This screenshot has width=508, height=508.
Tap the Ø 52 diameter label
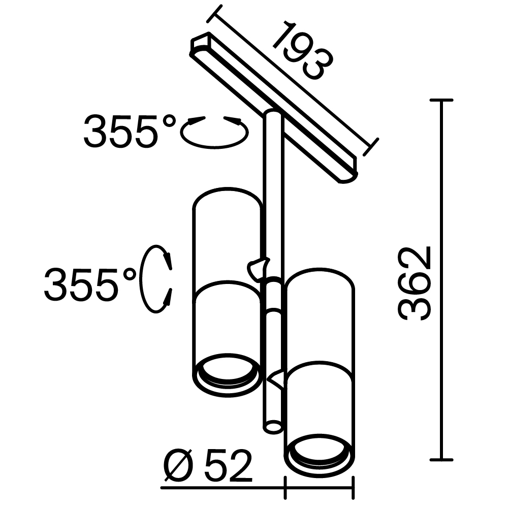(208, 466)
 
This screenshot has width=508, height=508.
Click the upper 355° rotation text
(129, 131)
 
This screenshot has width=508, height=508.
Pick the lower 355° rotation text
(90, 284)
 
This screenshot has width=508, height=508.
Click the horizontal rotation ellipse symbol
(214, 133)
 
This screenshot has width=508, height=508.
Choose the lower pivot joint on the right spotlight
(279, 378)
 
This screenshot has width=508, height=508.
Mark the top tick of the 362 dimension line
(441, 101)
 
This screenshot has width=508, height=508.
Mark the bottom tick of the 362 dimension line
(441, 459)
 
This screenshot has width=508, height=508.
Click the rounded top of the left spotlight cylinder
(227, 194)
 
